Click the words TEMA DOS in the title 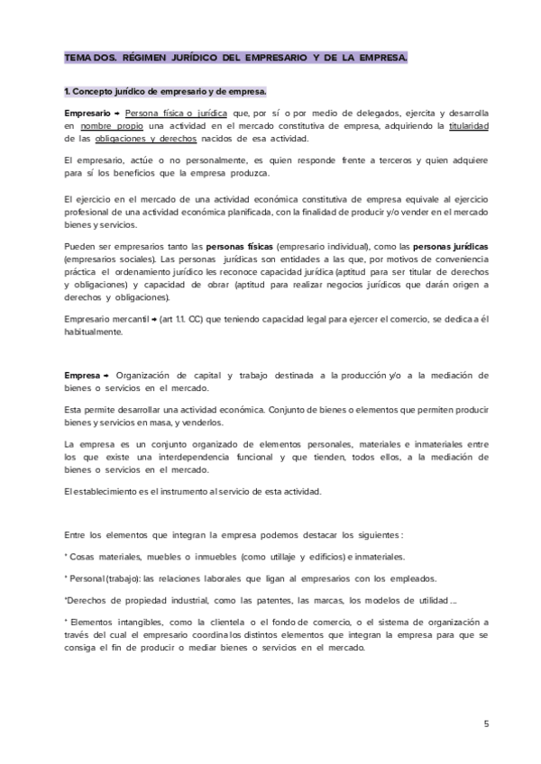pos(87,58)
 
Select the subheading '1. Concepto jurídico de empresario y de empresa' pos(165,91)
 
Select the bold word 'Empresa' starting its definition pos(82,375)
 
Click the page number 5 pos(486,723)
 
